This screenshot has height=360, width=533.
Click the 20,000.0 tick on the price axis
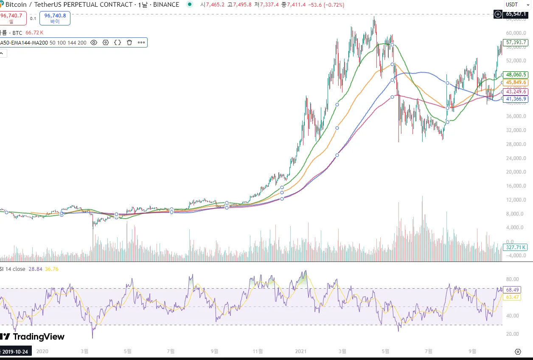click(x=515, y=172)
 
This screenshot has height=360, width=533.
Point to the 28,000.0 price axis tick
click(x=515, y=144)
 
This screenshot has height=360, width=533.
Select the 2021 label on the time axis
click(x=300, y=351)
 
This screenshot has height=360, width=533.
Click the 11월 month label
click(x=258, y=351)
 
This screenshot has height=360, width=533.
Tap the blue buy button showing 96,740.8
click(x=55, y=18)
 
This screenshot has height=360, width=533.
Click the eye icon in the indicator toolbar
click(x=94, y=42)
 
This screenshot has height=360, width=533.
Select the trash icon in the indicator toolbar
click(x=129, y=42)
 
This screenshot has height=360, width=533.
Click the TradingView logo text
click(x=39, y=337)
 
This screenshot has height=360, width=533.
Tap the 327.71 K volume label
click(x=515, y=247)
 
